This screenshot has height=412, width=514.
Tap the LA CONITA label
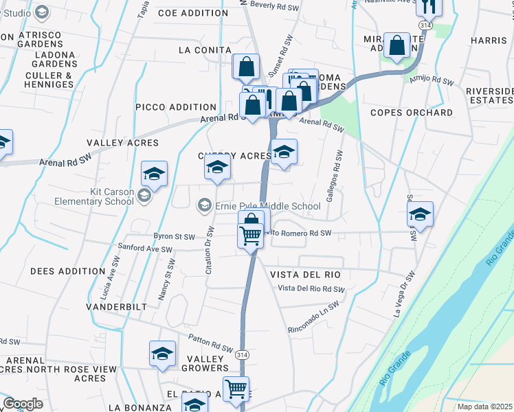(x=205, y=50)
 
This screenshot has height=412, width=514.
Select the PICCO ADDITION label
(x=176, y=107)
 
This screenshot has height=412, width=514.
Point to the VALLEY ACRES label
(x=122, y=143)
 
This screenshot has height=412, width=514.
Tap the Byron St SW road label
(x=174, y=236)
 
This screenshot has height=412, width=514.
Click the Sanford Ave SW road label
(x=145, y=248)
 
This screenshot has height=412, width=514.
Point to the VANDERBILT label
(x=116, y=306)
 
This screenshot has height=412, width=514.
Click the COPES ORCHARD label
(x=412, y=113)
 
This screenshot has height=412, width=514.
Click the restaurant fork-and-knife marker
(x=428, y=6)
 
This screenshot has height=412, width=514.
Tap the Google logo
(x=22, y=404)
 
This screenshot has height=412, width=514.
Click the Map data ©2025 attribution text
(x=485, y=407)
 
